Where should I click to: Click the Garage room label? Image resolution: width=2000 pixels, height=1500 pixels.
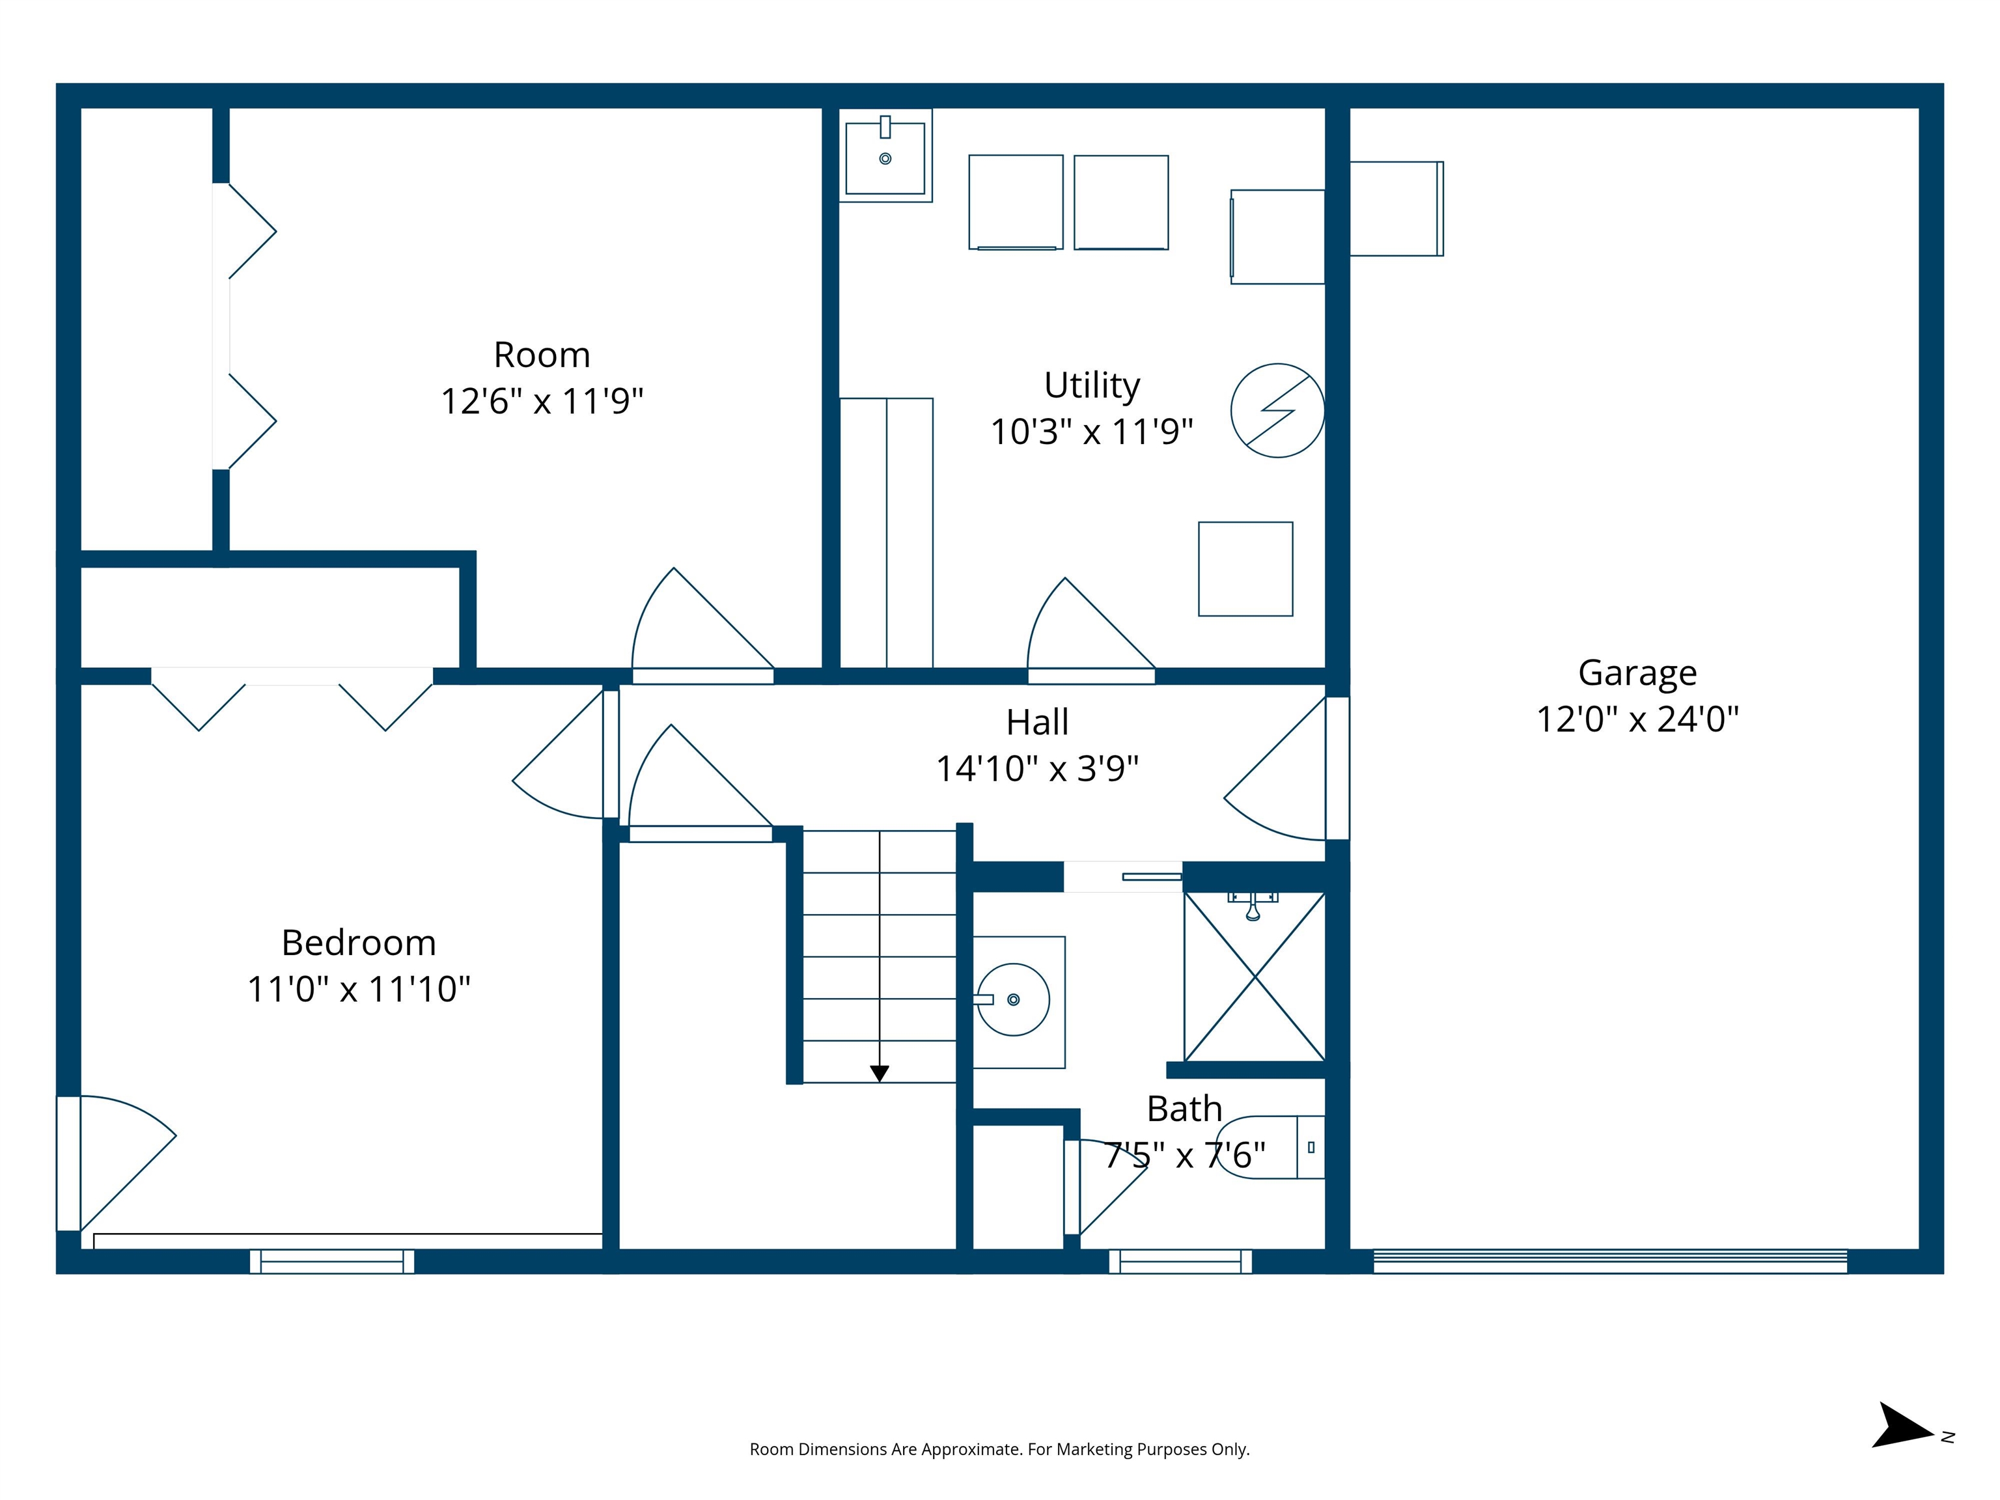(x=1637, y=673)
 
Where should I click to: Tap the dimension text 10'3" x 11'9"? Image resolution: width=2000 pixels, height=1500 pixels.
(x=1091, y=432)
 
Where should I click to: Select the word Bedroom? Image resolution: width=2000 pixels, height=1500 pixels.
(x=359, y=943)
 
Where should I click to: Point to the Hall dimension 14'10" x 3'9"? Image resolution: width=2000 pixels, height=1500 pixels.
(x=1036, y=768)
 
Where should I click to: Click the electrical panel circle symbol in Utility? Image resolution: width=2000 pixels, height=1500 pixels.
(x=1277, y=411)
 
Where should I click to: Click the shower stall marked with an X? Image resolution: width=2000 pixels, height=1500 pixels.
(x=1254, y=977)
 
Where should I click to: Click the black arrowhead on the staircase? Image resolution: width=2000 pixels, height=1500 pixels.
(x=879, y=1073)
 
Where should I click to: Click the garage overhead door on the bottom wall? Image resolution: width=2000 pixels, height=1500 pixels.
(x=1609, y=1261)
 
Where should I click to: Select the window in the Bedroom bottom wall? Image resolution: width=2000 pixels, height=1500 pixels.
(x=332, y=1261)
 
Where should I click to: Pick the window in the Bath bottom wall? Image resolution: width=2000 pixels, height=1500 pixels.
(x=1180, y=1261)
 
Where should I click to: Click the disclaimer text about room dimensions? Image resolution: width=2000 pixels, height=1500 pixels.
(x=999, y=1449)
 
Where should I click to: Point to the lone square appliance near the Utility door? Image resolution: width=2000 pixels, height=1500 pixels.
(x=1245, y=569)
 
